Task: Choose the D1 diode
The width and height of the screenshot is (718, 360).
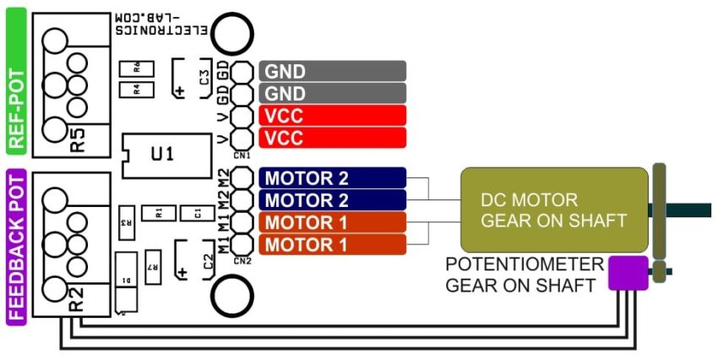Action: tap(125, 280)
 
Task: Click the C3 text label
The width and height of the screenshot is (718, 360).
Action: tap(204, 78)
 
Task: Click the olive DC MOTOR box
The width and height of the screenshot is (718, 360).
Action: tap(553, 210)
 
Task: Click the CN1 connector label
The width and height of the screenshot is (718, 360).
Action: tap(242, 155)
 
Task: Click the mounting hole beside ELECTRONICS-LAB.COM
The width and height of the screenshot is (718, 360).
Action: tap(233, 34)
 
